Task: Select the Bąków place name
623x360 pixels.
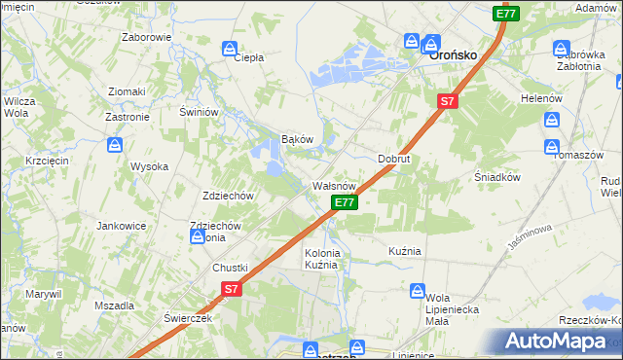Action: [x=297, y=139]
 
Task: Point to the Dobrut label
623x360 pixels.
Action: [x=394, y=158]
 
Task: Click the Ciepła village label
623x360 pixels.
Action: [x=249, y=57]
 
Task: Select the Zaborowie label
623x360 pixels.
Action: [x=147, y=37]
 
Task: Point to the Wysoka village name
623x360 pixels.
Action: [x=150, y=166]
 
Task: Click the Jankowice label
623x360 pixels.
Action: [x=121, y=225]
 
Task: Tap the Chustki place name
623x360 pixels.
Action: [x=231, y=268]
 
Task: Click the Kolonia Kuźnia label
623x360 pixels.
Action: [x=322, y=259]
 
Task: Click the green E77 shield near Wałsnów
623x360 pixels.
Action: [x=345, y=202]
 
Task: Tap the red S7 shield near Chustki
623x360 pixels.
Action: [x=231, y=289]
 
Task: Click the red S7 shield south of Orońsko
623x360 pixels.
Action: [x=447, y=100]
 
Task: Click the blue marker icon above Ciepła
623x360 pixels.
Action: [x=230, y=47]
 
